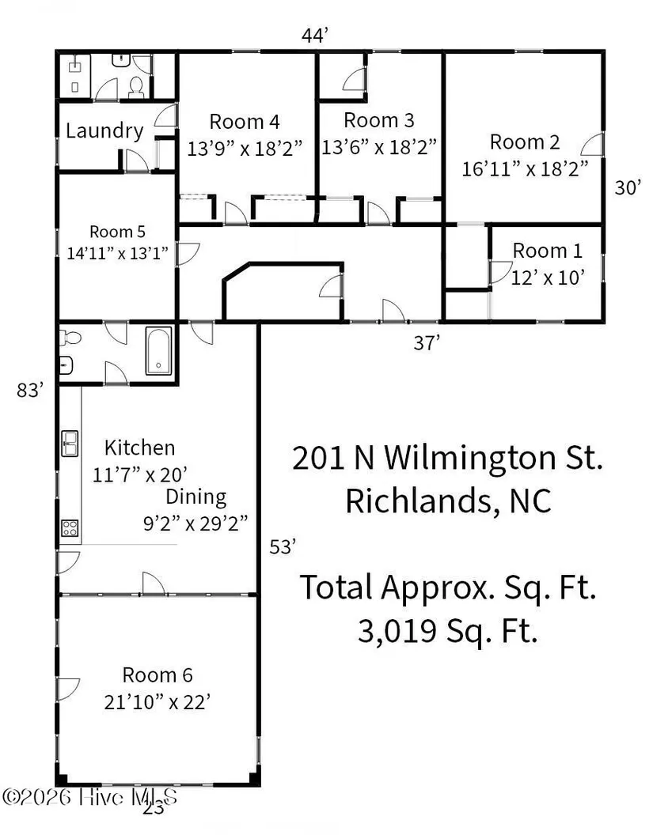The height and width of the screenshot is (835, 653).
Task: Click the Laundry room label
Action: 104,131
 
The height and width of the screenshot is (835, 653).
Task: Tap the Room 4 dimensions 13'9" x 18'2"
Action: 245,148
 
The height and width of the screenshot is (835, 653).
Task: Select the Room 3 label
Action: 379,120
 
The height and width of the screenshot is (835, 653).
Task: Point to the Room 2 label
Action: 525,142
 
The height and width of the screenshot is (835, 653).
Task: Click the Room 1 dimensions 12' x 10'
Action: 548,278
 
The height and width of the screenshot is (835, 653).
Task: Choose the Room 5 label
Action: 117,232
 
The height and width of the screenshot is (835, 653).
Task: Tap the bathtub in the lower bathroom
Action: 159,351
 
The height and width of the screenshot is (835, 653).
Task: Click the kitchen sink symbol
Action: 70,444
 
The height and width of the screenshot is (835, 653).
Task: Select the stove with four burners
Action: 70,527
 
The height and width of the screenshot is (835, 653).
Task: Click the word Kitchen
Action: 139,448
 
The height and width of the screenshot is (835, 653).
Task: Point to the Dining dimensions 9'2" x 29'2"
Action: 196,524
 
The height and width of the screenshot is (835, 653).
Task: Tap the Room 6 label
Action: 158,675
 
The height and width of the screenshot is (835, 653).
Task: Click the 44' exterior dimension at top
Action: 314,36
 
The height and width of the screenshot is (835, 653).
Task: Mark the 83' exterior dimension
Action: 30,391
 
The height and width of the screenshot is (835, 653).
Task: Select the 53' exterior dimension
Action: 283,547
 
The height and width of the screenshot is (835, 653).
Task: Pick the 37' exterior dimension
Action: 427,343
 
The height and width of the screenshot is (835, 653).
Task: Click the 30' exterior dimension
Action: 628,187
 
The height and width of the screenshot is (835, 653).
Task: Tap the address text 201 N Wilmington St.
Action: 448,458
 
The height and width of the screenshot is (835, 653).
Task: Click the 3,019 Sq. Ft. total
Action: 448,632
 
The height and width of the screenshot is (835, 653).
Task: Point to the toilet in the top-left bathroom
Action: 136,88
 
